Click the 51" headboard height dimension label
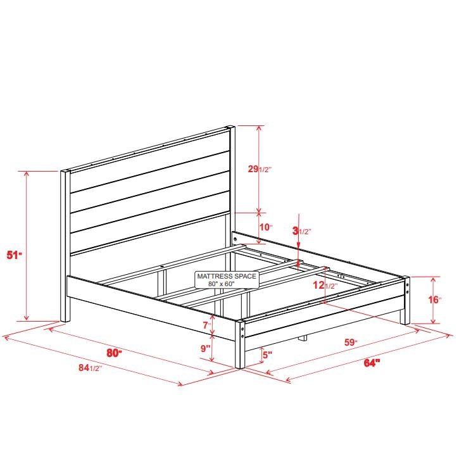click(x=15, y=255)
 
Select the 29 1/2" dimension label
click(x=260, y=169)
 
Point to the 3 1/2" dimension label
click(x=301, y=231)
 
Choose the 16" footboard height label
click(x=434, y=299)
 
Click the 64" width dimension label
click(x=372, y=363)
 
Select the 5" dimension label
click(x=267, y=355)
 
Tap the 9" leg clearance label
click(x=206, y=348)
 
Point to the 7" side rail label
click(x=206, y=325)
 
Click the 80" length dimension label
click(x=114, y=353)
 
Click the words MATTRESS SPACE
click(x=226, y=277)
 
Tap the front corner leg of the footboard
click(x=241, y=345)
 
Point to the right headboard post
click(x=232, y=177)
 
